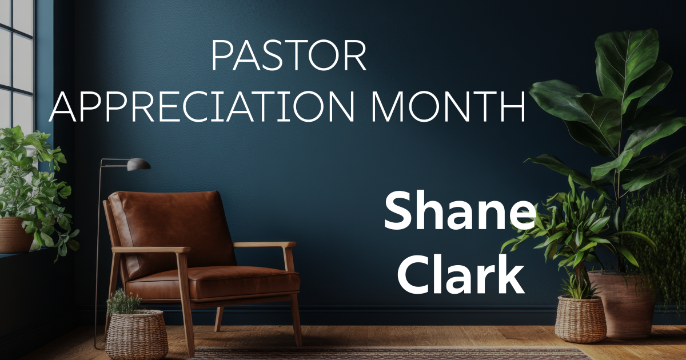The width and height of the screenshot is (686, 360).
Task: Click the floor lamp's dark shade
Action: click(x=138, y=165)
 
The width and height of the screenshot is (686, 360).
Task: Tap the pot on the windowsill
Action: click(x=14, y=234)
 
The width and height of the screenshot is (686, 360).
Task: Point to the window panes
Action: click(x=17, y=57)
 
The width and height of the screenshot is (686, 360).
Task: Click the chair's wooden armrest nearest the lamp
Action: click(x=150, y=250)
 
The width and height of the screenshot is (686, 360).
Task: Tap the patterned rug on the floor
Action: click(x=389, y=353)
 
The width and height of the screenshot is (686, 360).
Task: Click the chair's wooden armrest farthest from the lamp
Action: click(x=264, y=245)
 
